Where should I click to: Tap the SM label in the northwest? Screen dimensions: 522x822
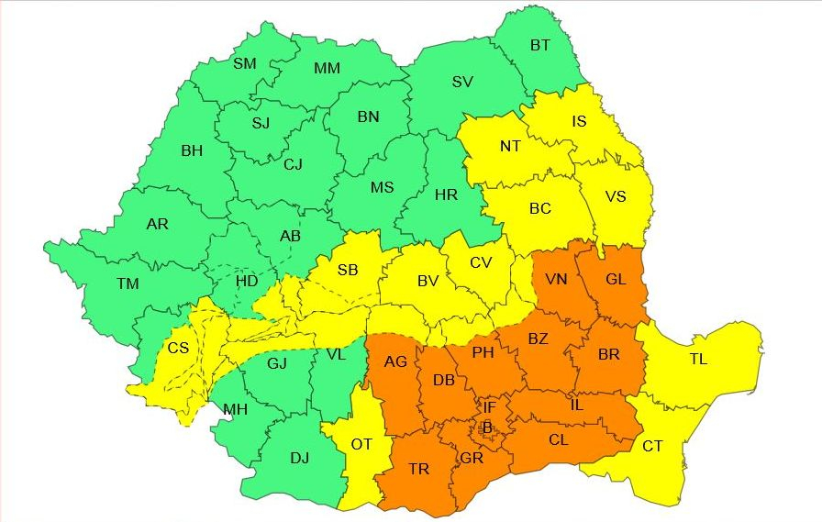click(x=245, y=63)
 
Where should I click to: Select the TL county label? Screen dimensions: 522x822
click(x=698, y=360)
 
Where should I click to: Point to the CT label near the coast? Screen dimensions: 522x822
click(x=652, y=446)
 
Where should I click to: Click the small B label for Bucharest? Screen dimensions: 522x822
click(x=487, y=427)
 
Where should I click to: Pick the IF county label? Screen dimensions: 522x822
click(x=490, y=406)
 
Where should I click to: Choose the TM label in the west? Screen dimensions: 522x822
click(x=128, y=283)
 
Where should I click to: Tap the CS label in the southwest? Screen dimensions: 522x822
click(x=178, y=349)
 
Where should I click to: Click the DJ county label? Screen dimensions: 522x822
click(x=299, y=458)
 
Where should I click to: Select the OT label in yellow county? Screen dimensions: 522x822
click(x=361, y=444)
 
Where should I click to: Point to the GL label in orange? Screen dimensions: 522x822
click(x=616, y=280)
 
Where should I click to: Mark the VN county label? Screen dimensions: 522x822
click(x=556, y=280)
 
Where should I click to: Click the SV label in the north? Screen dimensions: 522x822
click(x=462, y=82)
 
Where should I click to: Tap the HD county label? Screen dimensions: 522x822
click(x=247, y=281)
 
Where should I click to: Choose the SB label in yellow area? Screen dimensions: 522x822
click(x=348, y=270)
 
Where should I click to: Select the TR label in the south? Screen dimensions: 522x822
click(x=418, y=469)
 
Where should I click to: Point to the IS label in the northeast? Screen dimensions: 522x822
click(x=579, y=121)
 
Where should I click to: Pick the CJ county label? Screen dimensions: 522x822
click(x=293, y=164)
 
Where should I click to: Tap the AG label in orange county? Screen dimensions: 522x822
click(x=395, y=362)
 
